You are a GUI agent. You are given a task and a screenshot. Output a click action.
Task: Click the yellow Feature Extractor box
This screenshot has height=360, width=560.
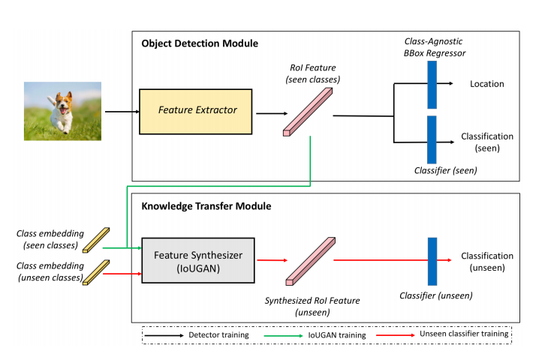(197, 111)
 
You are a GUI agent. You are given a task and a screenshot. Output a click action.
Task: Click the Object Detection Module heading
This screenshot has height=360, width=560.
(200, 43)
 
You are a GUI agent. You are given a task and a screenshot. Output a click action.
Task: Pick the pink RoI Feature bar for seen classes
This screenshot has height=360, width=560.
(309, 112)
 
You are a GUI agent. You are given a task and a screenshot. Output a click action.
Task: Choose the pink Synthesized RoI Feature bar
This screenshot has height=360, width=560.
(311, 261)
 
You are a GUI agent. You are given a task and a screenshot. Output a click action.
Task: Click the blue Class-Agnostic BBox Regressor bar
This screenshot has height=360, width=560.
(432, 85)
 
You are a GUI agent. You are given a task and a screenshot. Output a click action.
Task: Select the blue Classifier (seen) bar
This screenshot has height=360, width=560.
(432, 139)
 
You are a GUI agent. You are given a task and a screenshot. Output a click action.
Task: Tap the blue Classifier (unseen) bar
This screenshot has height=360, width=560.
(432, 260)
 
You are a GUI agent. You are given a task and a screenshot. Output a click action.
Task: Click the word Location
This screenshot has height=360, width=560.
(487, 85)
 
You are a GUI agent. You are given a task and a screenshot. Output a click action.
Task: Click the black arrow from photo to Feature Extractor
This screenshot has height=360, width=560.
(121, 112)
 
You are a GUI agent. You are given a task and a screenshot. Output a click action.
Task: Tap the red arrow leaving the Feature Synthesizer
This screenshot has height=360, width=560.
(271, 261)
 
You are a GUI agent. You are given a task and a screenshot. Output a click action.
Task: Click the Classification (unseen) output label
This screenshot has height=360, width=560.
(487, 261)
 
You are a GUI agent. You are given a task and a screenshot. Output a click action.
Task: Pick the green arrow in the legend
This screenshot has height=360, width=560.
(287, 334)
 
